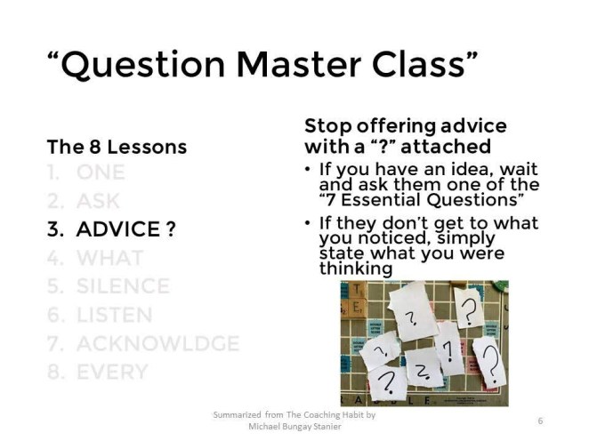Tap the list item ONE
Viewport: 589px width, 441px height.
[101, 172]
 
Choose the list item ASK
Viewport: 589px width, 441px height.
[98, 201]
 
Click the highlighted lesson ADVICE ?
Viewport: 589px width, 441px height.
[125, 229]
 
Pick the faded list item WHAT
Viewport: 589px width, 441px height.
[109, 258]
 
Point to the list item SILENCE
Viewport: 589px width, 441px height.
[123, 286]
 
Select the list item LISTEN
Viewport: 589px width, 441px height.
[114, 315]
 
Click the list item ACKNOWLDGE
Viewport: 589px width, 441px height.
[157, 343]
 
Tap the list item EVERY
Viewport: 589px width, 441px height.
[111, 372]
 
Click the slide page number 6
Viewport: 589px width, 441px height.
[541, 420]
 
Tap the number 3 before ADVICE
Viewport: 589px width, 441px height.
[53, 229]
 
